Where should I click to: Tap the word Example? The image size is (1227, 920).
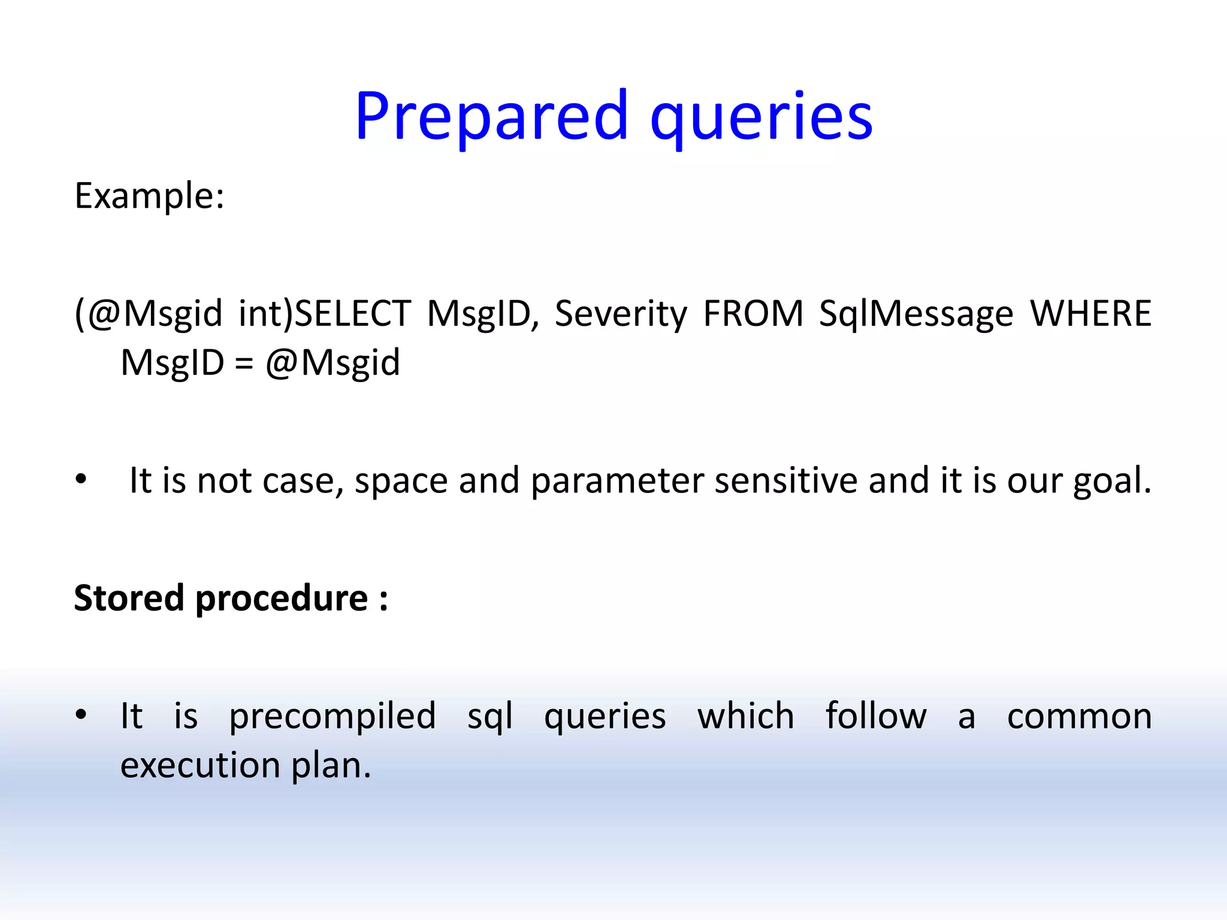(x=149, y=196)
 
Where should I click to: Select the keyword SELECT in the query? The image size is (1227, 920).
(x=353, y=313)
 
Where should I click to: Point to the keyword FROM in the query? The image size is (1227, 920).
(x=752, y=313)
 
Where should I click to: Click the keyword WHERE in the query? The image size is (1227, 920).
(x=1090, y=313)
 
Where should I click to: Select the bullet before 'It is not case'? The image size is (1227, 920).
(x=81, y=480)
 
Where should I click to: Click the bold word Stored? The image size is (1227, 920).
(x=129, y=598)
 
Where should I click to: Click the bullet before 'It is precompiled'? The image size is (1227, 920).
(x=81, y=715)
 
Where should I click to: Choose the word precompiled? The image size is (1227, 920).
(x=333, y=717)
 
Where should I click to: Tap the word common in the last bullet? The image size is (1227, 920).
(x=1079, y=716)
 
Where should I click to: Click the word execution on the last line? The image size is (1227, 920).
(x=200, y=765)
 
